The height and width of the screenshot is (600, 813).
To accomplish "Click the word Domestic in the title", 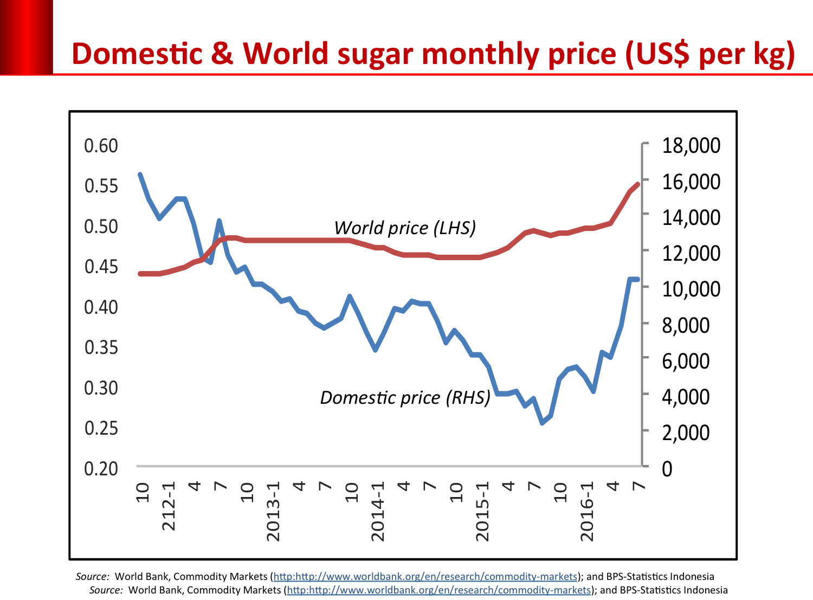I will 137,54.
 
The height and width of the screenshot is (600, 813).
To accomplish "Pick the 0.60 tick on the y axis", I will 101,146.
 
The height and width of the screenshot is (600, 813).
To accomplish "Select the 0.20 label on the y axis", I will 101,469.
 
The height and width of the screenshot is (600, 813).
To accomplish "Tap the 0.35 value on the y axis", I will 101,347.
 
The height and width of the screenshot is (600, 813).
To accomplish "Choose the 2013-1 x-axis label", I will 273,510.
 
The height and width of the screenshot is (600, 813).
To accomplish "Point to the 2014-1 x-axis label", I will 378,510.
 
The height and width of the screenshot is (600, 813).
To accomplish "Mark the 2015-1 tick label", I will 482,510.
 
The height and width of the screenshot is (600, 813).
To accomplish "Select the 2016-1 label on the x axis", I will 587,510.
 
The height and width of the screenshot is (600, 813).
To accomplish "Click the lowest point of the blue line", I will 542,423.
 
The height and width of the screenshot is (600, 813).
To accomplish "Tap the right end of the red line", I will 638,184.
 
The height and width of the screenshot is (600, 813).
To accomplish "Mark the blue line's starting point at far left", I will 140,175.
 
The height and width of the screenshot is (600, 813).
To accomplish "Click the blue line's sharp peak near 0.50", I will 219,221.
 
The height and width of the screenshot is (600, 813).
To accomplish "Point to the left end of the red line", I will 140,274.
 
